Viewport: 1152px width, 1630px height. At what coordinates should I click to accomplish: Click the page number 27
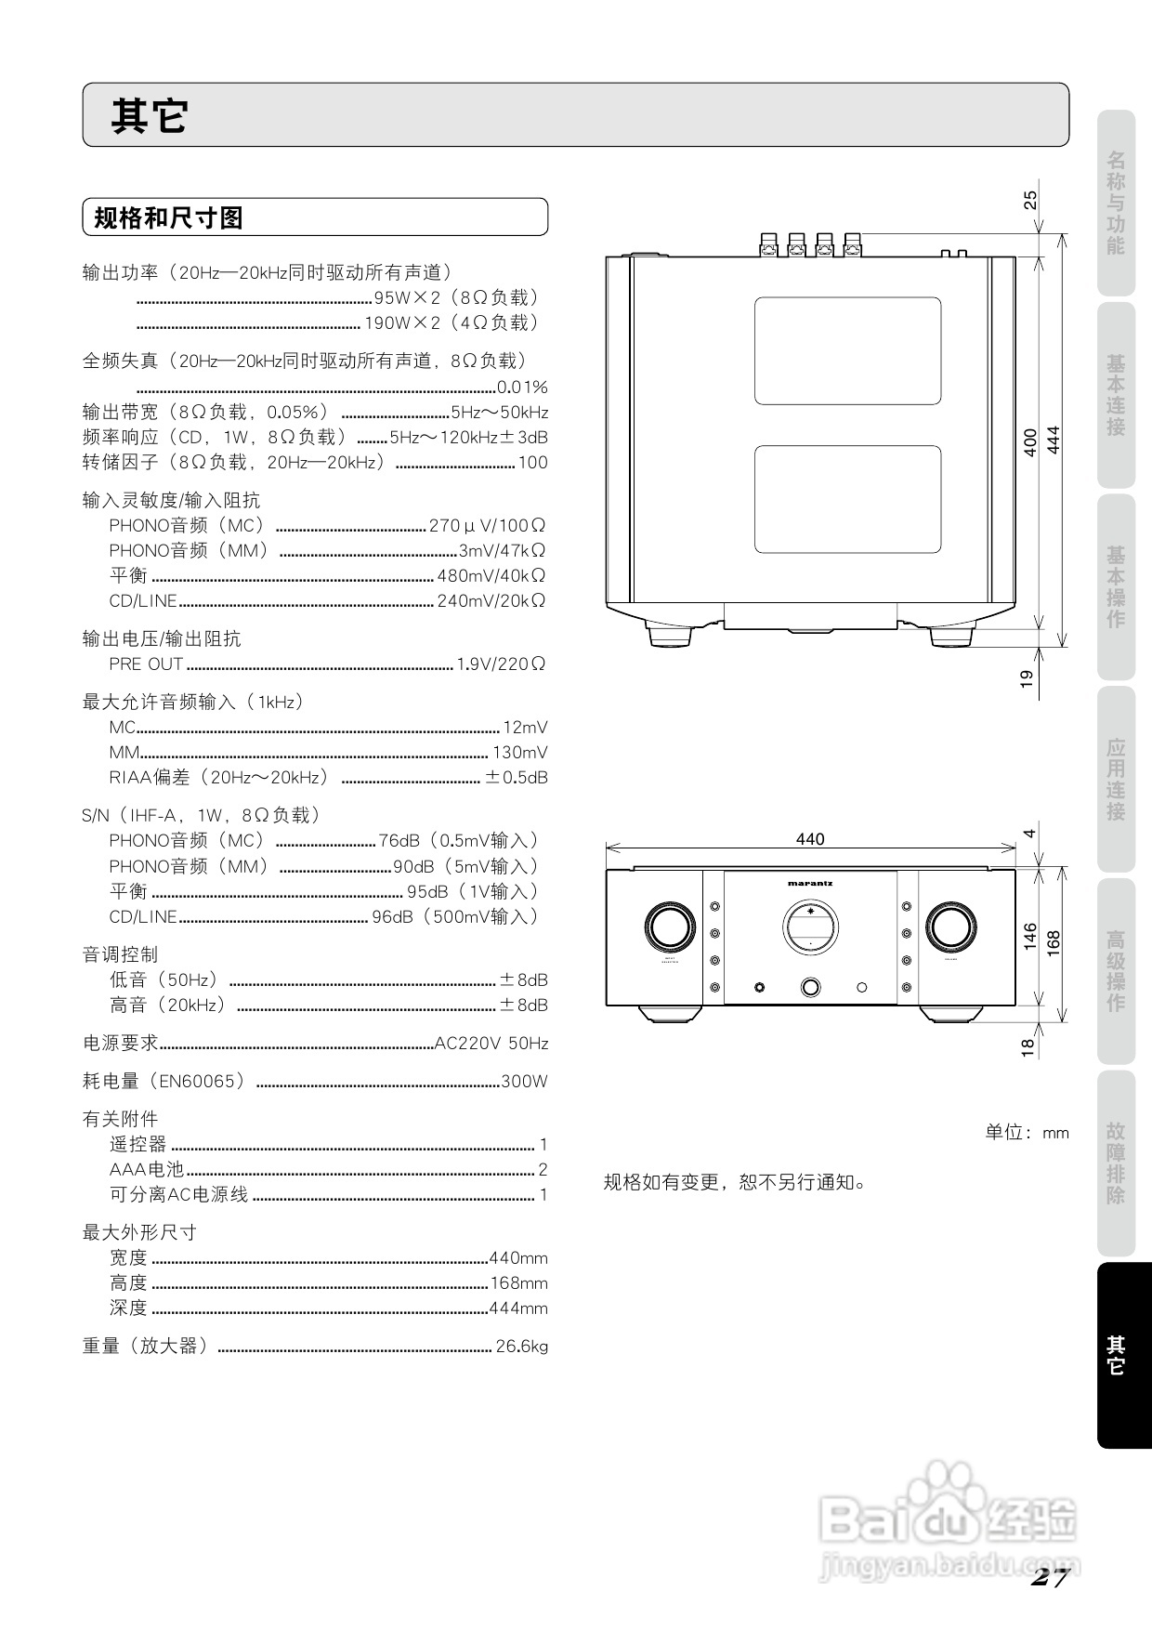(1051, 1578)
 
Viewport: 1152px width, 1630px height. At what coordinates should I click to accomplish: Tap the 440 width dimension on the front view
(810, 839)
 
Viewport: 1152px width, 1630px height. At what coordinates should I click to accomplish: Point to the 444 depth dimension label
(1054, 440)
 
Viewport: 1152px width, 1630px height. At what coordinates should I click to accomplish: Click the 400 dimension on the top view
(1030, 442)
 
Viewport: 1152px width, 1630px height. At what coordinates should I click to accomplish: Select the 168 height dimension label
(1054, 941)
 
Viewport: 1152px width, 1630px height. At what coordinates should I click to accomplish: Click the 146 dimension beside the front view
(1030, 936)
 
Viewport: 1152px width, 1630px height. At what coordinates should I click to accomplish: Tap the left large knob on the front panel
(669, 926)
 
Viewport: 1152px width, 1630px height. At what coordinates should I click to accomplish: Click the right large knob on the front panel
(951, 926)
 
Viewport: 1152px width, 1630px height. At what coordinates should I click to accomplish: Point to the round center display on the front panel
(809, 927)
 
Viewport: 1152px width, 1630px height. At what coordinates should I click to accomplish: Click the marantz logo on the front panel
(810, 884)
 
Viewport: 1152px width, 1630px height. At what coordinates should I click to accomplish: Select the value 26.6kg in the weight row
(521, 1347)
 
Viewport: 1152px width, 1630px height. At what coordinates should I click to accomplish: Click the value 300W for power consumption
(524, 1082)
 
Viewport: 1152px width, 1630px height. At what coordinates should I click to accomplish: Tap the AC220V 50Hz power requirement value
(491, 1044)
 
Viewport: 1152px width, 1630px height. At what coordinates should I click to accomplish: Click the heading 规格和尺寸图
(169, 218)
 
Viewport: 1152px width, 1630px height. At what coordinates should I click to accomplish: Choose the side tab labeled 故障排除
(1116, 1163)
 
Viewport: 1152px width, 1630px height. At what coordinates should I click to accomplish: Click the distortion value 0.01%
(522, 387)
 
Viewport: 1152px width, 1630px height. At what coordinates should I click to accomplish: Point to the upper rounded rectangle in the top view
(847, 351)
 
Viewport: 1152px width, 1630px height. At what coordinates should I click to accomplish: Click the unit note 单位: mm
(1027, 1133)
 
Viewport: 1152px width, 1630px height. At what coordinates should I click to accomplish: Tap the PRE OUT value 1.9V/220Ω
(501, 664)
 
